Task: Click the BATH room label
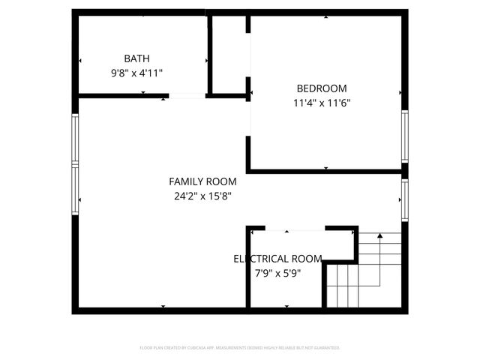point(136,58)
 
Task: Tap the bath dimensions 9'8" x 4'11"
point(136,73)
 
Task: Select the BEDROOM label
point(321,88)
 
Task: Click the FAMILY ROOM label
point(202,181)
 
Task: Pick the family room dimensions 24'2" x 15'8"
point(202,196)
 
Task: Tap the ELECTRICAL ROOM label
point(277,259)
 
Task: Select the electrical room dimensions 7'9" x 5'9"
point(278,274)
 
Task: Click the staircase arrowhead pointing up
point(380,236)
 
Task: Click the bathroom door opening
point(187,96)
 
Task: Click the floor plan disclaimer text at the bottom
point(240,348)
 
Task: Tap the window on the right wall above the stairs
point(404,200)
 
